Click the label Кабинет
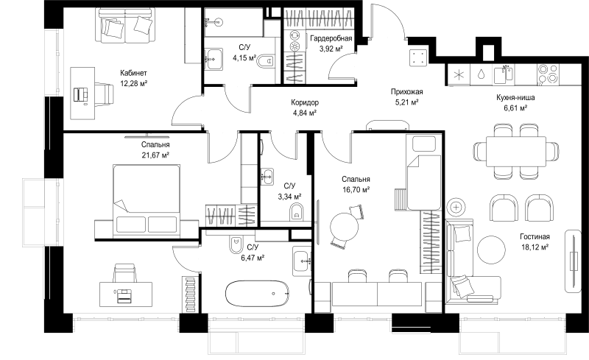pyautogui.click(x=133, y=73)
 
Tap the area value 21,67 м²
pyautogui.click(x=155, y=155)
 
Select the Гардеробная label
pyautogui.click(x=331, y=38)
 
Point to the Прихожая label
pyautogui.click(x=407, y=92)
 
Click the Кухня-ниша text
pyautogui.click(x=515, y=98)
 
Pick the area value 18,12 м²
pyautogui.click(x=535, y=247)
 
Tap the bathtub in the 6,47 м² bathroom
pyautogui.click(x=257, y=294)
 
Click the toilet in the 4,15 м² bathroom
pyautogui.click(x=267, y=61)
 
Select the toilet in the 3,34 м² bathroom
pyautogui.click(x=297, y=212)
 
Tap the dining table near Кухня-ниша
pyautogui.click(x=516, y=152)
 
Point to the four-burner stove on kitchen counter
pyautogui.click(x=548, y=74)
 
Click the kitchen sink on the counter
pyautogui.click(x=503, y=74)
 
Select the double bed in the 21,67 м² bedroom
pyautogui.click(x=147, y=200)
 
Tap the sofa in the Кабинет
pyautogui.click(x=126, y=26)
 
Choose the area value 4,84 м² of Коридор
pyautogui.click(x=304, y=113)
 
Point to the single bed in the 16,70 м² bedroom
pyautogui.click(x=424, y=172)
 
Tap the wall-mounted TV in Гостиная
pyautogui.click(x=574, y=261)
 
